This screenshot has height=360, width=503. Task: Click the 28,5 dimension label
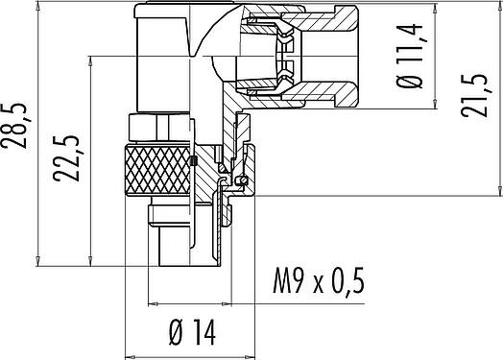click(x=15, y=126)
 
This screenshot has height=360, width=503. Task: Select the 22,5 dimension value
click(x=67, y=158)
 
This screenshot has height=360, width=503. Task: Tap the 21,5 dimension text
click(x=474, y=96)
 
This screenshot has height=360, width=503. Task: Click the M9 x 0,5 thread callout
click(x=319, y=281)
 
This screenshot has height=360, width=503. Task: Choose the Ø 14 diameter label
click(x=193, y=332)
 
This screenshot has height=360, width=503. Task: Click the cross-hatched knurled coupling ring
click(x=157, y=170)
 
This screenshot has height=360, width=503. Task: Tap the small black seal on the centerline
click(x=193, y=161)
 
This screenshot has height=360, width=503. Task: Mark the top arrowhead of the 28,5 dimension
click(x=38, y=6)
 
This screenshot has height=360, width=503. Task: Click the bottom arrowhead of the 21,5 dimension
click(x=499, y=191)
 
